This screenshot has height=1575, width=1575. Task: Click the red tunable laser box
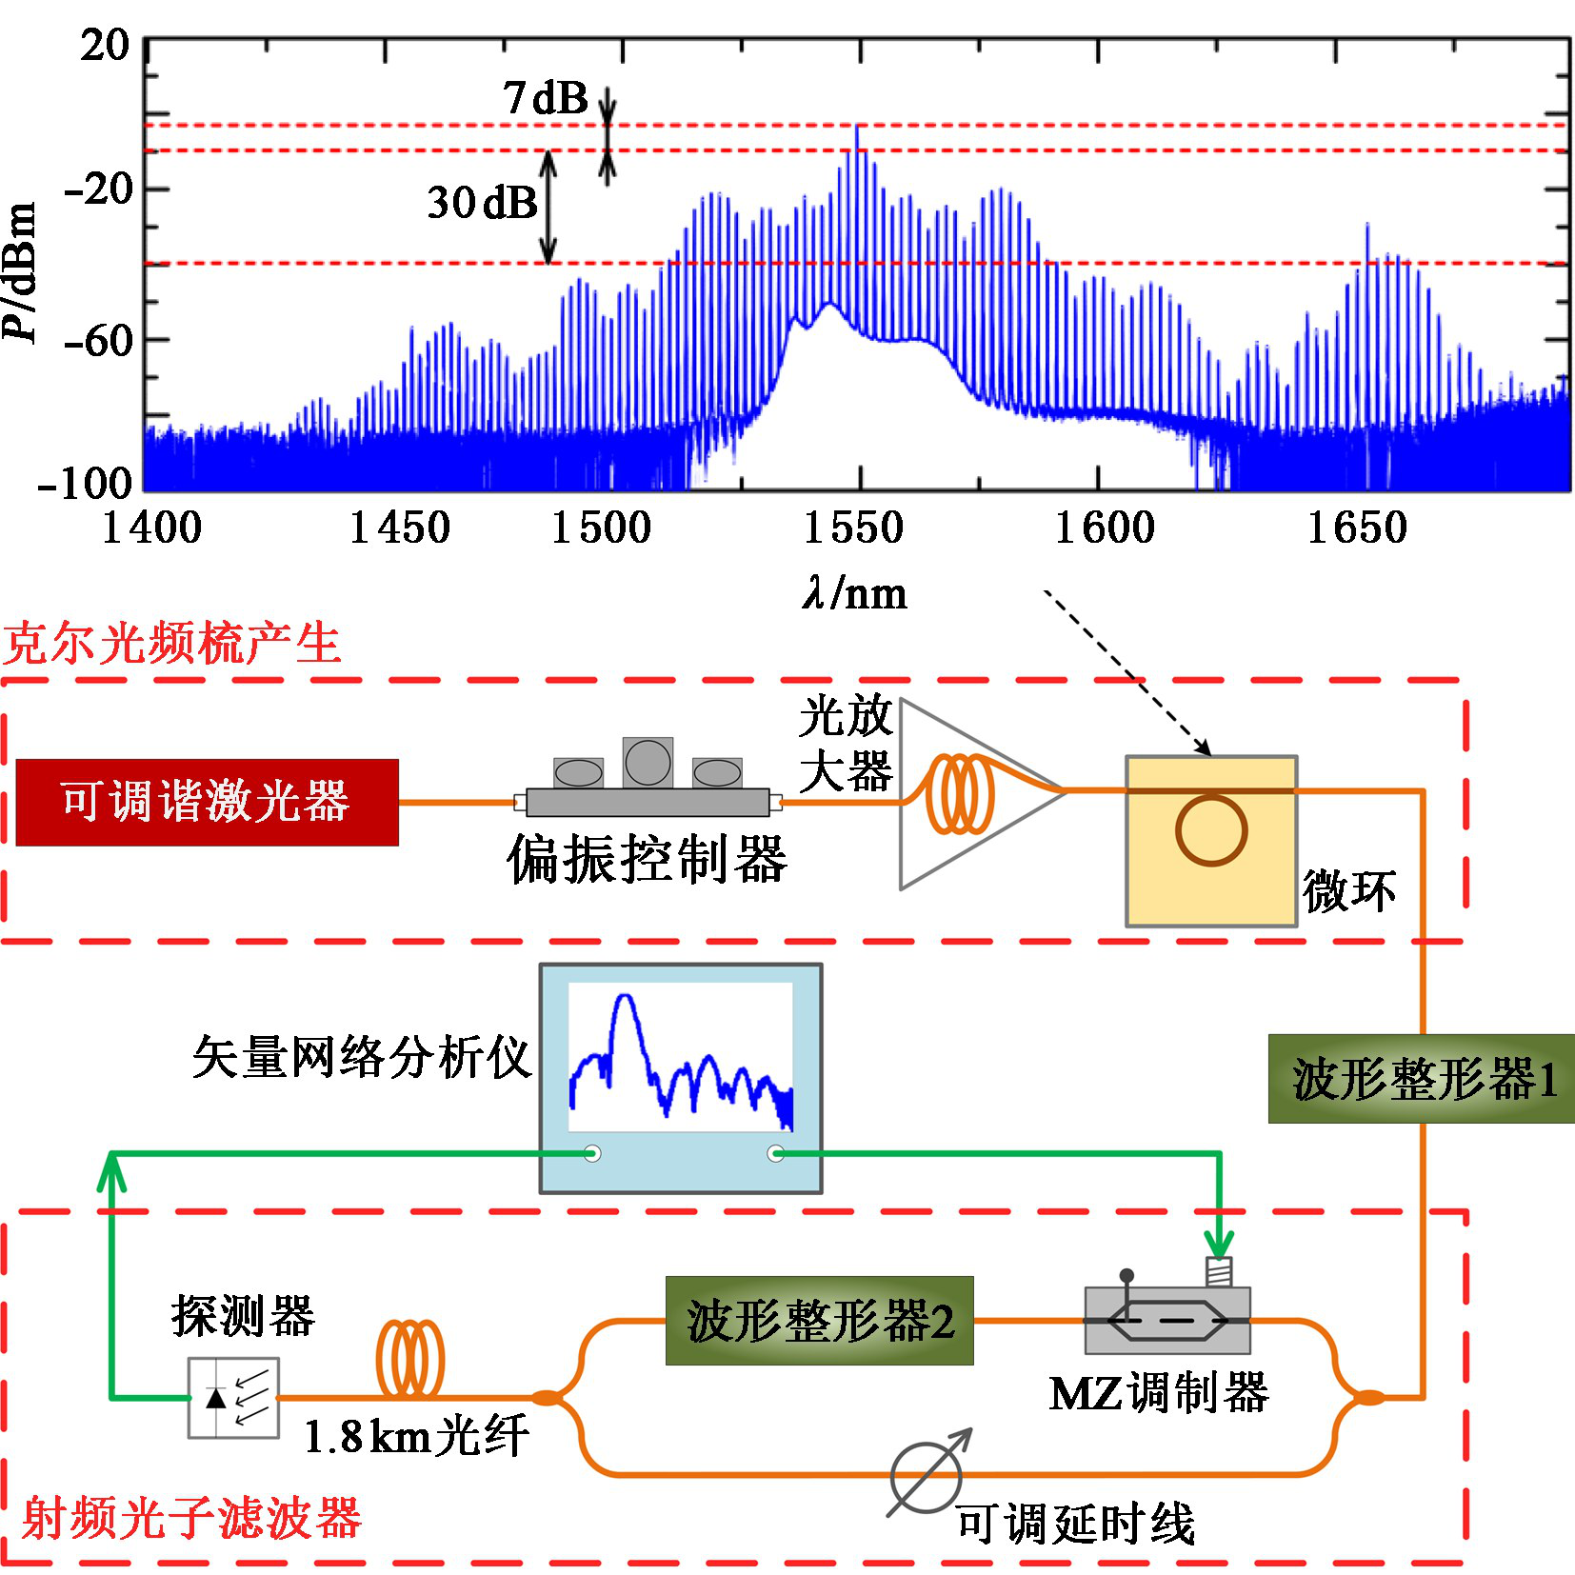pos(207,802)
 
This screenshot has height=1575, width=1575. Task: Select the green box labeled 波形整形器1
pos(1421,1079)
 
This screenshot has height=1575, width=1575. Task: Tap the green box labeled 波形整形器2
pos(819,1321)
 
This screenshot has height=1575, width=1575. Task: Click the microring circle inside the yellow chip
pos(1210,829)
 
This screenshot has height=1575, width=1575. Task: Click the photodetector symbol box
pos(233,1397)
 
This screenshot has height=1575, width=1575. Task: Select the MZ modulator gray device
pos(1167,1321)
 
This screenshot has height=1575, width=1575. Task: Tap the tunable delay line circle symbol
pos(926,1477)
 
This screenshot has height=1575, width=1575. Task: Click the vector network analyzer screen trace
pos(680,1057)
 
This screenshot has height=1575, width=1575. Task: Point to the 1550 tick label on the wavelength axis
pos(853,528)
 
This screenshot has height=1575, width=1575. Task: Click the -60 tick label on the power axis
pos(98,340)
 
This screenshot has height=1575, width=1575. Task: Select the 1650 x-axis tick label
pos(1356,528)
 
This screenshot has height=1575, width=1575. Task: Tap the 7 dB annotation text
pos(546,97)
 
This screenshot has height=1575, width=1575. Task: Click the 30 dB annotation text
pos(482,202)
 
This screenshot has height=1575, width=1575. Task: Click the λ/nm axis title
pos(854,593)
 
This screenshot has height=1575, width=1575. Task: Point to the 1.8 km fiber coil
pos(410,1359)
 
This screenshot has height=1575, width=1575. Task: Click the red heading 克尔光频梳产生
pos(171,644)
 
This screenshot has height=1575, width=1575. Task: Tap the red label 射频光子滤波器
pos(191,1518)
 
